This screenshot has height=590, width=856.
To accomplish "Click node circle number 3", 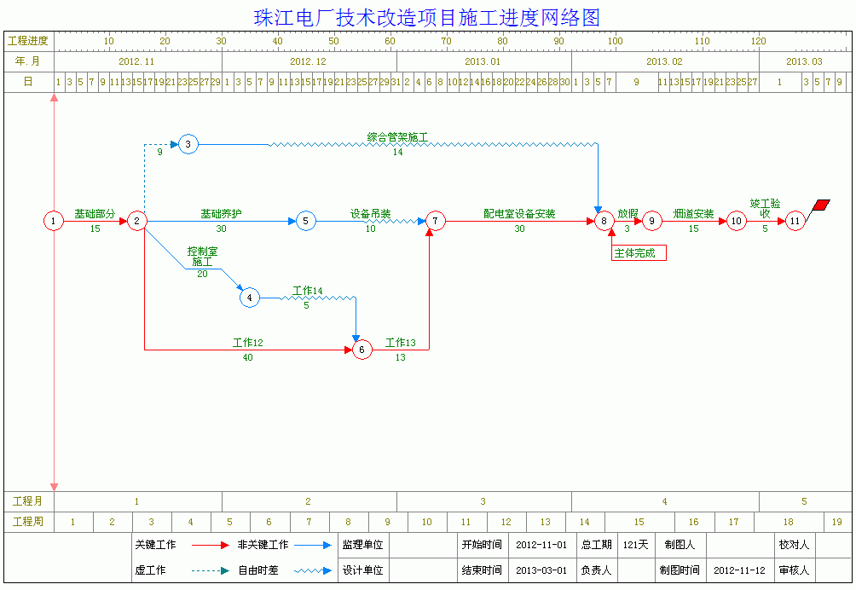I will click(x=188, y=144).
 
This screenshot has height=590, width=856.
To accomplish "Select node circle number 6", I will click(x=362, y=350).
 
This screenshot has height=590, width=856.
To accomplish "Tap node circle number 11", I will click(x=795, y=222).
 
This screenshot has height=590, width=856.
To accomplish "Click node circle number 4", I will click(x=249, y=298).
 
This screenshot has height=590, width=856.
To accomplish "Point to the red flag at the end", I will click(x=822, y=205).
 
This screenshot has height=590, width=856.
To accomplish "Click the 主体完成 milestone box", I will click(x=639, y=252).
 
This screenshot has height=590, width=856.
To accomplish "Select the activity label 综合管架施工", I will click(x=397, y=136).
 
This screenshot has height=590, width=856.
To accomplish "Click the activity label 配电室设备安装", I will click(x=519, y=214).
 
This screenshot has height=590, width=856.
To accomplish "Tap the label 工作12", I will click(x=248, y=343).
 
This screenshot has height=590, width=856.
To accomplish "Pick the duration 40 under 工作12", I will click(x=248, y=358).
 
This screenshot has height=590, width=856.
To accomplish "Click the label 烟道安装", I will click(x=693, y=214).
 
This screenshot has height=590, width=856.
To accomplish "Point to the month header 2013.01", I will click(x=483, y=61).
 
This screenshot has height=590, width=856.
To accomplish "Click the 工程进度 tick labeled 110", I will click(x=702, y=41).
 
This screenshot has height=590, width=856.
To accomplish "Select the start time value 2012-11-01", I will click(x=541, y=545).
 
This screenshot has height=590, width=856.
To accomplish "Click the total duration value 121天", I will click(x=635, y=545).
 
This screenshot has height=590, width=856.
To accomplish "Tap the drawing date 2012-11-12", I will click(x=739, y=570).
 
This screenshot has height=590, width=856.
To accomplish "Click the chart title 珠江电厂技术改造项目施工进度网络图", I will click(x=427, y=18).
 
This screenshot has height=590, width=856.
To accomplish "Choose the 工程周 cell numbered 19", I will click(x=837, y=522).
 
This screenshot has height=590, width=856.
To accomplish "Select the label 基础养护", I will click(x=221, y=214).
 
